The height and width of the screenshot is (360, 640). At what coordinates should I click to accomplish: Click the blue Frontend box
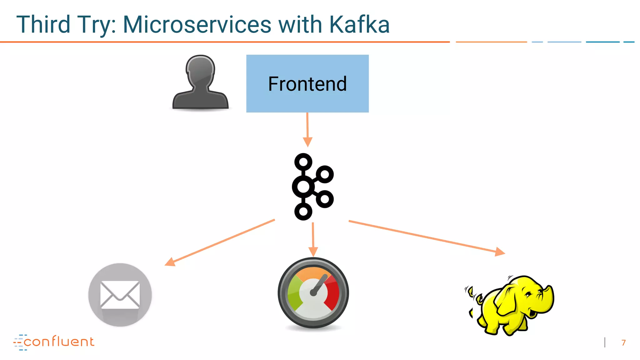307,83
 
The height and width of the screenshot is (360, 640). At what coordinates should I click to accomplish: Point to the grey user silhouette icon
200,83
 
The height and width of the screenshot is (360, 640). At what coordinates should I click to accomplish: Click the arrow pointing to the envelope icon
219,243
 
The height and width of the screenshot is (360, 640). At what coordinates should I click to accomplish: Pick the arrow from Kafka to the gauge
313,239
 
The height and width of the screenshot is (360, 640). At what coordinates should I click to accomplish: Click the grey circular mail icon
120,295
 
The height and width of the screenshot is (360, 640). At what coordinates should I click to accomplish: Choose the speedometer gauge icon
313,293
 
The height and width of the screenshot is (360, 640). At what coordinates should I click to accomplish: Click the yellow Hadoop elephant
512,305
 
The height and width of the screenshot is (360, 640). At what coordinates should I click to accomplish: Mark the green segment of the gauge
294,294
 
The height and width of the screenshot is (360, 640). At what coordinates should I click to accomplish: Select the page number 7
623,343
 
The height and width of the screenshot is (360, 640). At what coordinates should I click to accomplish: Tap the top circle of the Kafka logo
303,162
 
